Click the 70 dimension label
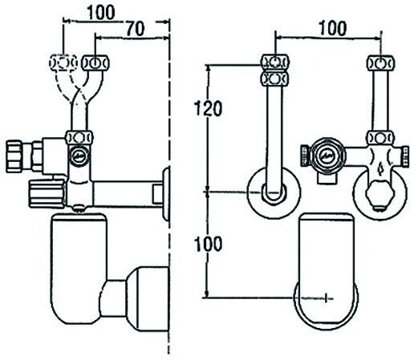point(136,29)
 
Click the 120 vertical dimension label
point(208,108)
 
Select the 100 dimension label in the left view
point(101,12)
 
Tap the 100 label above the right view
point(333,28)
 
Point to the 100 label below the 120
point(208,244)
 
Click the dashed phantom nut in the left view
point(63,63)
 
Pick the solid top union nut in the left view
point(95,63)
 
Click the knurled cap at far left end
point(14,156)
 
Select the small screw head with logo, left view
point(79,156)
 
